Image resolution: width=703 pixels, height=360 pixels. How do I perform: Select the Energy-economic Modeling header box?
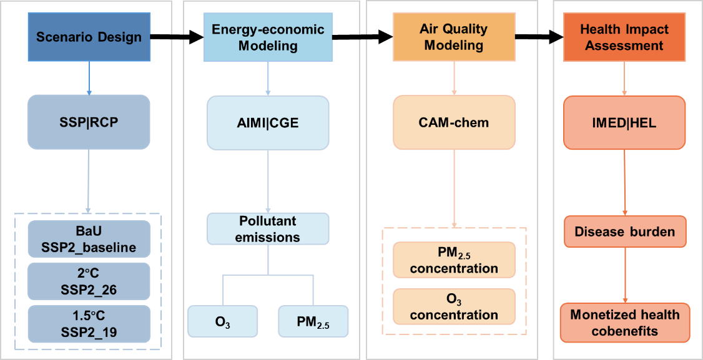268,37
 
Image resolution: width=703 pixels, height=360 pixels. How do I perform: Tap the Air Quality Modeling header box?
454,37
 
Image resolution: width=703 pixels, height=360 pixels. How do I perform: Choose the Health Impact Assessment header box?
624,37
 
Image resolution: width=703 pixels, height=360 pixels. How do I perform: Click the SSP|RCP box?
89,122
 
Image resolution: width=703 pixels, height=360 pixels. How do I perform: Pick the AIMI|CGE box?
268,122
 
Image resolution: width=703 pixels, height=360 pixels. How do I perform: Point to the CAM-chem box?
454,122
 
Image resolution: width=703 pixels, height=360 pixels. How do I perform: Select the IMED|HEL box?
625,122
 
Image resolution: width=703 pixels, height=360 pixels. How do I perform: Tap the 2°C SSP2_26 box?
89,282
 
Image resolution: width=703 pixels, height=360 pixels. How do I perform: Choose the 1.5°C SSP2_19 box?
89,324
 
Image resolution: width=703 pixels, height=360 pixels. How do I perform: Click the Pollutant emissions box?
268,229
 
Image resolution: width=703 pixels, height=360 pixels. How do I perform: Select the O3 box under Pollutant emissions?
223,321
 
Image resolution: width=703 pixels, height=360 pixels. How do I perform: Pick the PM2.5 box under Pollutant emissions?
313,321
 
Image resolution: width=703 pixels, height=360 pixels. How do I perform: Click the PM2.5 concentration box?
454,260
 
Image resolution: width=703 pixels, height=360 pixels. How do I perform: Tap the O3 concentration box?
454,306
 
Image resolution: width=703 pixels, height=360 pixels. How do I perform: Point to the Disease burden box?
624,231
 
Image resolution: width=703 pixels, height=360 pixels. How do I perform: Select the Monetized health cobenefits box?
624,323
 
